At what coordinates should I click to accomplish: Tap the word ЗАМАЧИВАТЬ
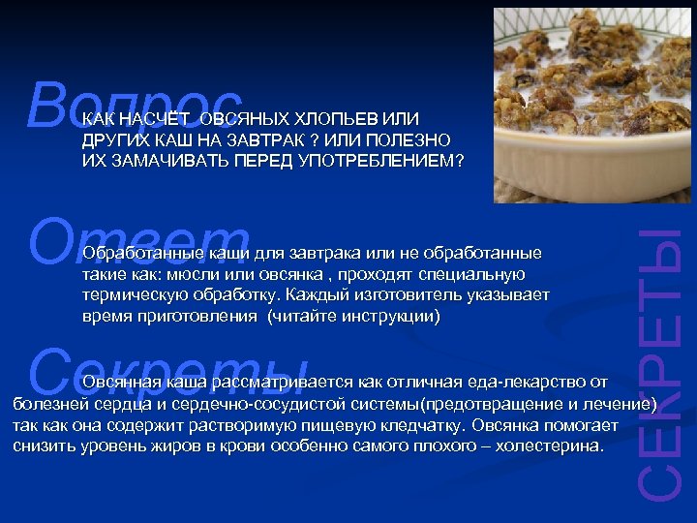pyautogui.click(x=149, y=160)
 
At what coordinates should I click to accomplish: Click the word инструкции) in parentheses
pyautogui.click(x=395, y=315)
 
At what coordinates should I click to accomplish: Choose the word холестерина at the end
pyautogui.click(x=553, y=446)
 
